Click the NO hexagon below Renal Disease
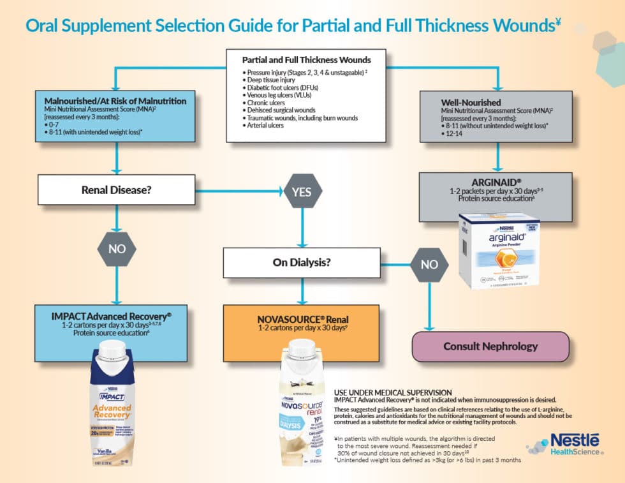[116, 249]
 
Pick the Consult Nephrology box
[490, 346]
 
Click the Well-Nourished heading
[471, 101]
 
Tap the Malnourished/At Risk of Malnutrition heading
[115, 101]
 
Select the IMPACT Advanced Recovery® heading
[111, 315]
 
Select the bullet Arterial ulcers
[268, 126]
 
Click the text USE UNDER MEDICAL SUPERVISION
[392, 392]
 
